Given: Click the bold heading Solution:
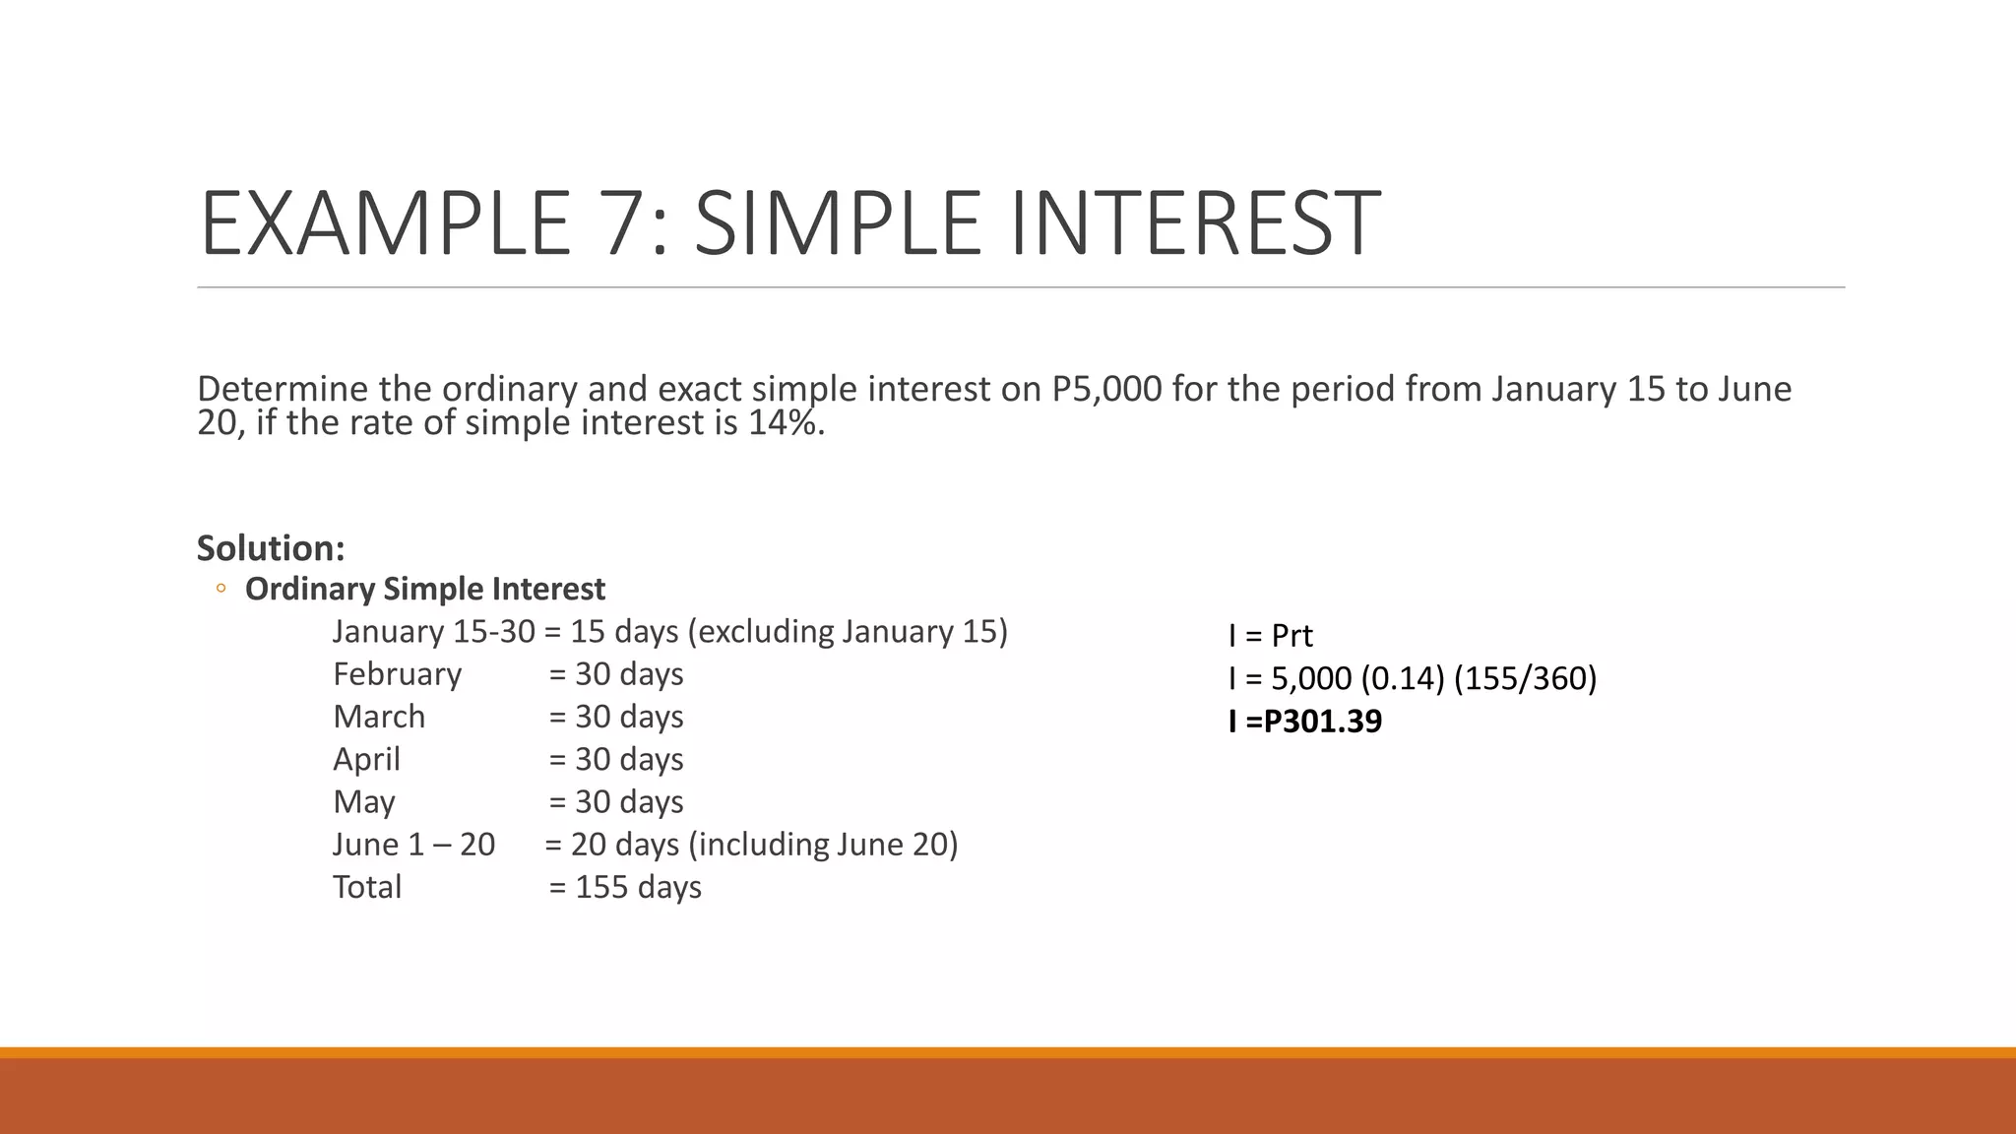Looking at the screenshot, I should (x=271, y=548).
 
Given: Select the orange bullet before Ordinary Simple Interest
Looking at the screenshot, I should (x=220, y=590).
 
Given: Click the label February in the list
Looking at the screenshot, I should (x=397, y=674).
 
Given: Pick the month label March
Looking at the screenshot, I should (x=379, y=717).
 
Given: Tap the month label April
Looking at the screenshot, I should (x=366, y=759).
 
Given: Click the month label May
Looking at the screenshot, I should (x=363, y=802).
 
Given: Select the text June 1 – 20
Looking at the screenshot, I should (x=413, y=845).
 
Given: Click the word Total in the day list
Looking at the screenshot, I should (x=366, y=887).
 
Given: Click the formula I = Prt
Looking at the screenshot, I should (x=1270, y=636).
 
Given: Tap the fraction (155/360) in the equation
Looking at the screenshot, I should (x=1525, y=678).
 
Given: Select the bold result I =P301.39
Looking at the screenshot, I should (x=1304, y=722).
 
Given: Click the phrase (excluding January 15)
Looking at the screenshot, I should (x=848, y=632).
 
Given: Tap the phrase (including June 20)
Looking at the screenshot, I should (x=823, y=845).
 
